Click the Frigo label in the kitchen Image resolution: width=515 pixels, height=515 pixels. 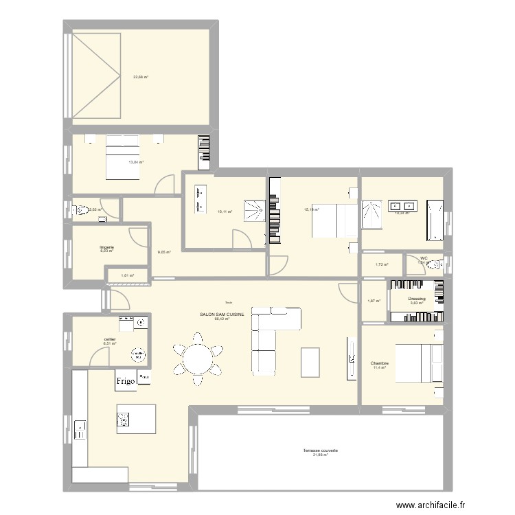click(x=125, y=382)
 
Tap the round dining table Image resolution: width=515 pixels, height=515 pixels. click(x=198, y=357)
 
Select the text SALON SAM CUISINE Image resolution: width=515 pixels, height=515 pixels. click(x=221, y=314)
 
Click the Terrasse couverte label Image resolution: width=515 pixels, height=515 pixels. click(x=321, y=451)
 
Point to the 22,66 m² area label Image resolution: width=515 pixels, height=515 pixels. click(x=141, y=77)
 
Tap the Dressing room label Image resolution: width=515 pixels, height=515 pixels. click(x=417, y=299)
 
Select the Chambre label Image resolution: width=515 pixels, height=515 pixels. click(x=380, y=363)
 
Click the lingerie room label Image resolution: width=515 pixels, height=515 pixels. click(x=106, y=247)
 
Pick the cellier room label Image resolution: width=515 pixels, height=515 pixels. click(x=110, y=339)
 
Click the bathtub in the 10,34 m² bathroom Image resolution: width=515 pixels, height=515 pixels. click(x=435, y=220)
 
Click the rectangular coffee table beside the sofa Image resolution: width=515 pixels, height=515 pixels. click(x=310, y=362)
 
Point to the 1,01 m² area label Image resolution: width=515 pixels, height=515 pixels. click(x=127, y=276)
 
